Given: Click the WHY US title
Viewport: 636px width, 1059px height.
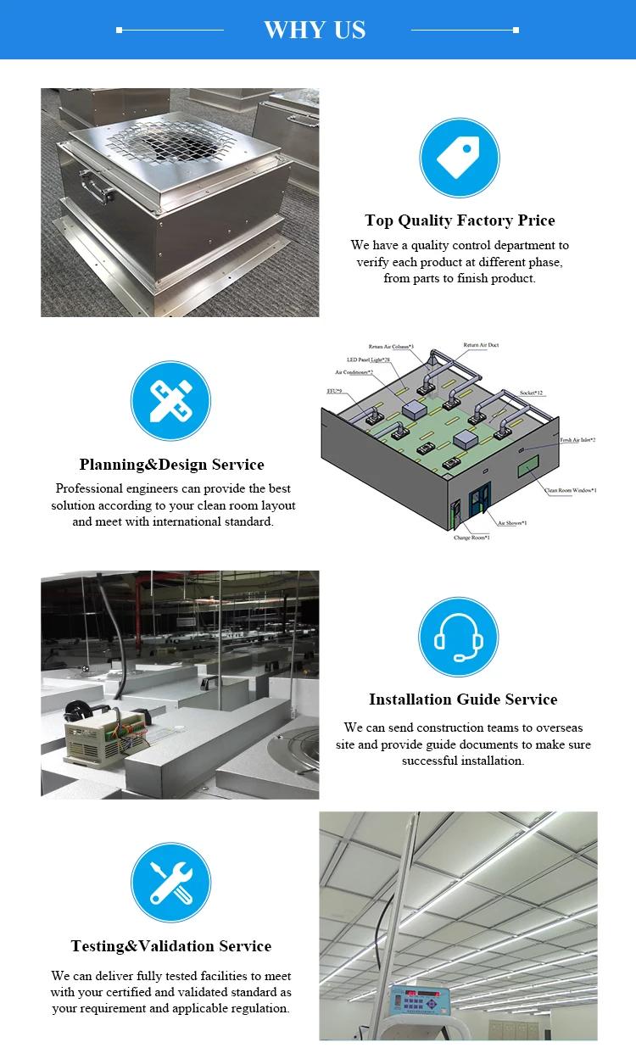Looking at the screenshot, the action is coord(315,31).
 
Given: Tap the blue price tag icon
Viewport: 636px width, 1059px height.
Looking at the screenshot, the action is coord(459,158).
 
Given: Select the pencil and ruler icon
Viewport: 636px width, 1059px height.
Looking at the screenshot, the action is coord(170,401).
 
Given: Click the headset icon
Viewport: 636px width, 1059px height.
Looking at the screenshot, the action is coord(458,637).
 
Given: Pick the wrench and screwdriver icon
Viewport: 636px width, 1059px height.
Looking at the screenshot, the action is coord(170,883).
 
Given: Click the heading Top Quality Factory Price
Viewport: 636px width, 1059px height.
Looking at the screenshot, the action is coord(460,220).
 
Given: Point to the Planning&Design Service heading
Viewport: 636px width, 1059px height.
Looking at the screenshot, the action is coord(171,465).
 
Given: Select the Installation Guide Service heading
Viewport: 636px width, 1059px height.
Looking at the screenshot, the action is coord(463,699).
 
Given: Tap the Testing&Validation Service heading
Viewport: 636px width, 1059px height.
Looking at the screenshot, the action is coord(171,946).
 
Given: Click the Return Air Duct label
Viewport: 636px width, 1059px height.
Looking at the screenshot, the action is coord(482,346).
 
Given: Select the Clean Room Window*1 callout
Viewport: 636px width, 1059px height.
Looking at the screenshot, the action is coord(570,491).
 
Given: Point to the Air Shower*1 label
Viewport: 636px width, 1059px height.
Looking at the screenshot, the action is coord(511,523).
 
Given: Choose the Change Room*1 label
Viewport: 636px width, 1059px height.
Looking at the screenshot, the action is coord(471,538).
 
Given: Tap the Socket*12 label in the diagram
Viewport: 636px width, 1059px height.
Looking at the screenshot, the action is coord(532,393).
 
